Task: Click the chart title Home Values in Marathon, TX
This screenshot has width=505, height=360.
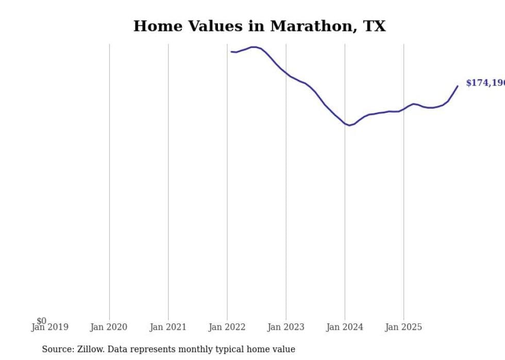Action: point(259,26)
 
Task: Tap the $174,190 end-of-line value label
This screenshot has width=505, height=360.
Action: point(484,83)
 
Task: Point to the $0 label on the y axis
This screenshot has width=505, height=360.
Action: point(41,321)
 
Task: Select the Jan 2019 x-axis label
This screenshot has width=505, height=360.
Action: point(49,327)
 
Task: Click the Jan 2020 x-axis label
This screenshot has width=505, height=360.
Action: point(109,327)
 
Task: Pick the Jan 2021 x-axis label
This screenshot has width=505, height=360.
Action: point(168,327)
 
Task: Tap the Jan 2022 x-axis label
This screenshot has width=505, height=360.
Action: point(227,327)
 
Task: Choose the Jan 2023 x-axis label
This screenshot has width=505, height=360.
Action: point(286,327)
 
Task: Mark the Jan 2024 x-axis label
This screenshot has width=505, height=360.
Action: point(345,327)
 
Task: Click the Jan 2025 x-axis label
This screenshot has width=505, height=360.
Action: point(403,327)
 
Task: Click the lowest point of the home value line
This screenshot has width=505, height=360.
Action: point(349,125)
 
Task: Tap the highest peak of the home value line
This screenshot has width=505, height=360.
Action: point(254,47)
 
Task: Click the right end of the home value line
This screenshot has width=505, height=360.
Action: point(458,86)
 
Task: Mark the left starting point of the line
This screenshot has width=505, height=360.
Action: point(231,52)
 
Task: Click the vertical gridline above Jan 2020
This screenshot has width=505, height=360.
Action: point(109,180)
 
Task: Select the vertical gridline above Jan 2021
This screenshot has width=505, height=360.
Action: point(168,180)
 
